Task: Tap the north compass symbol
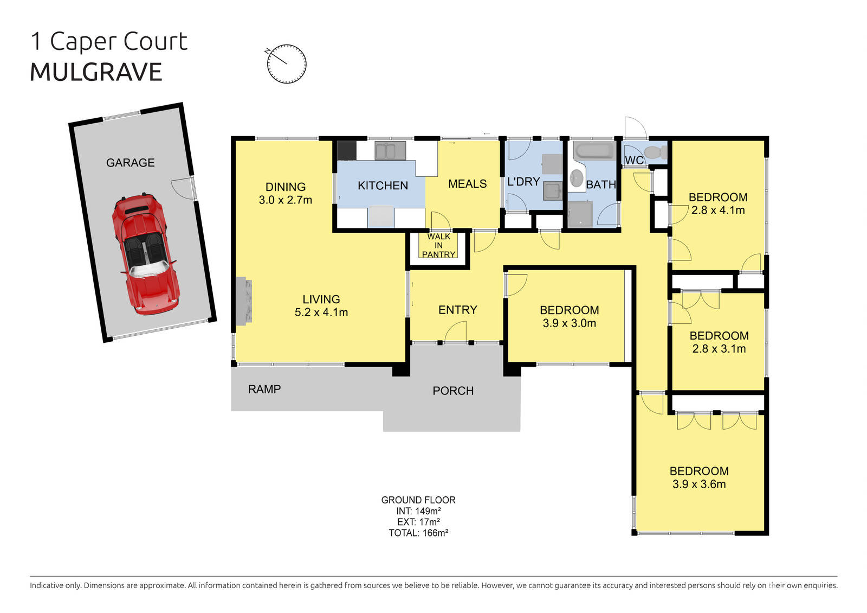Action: [x=287, y=63]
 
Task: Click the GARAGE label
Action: [x=130, y=163]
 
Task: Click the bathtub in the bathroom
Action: [x=593, y=151]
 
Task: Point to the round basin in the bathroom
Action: [x=577, y=177]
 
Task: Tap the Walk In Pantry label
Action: [x=438, y=245]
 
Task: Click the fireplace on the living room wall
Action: [x=244, y=302]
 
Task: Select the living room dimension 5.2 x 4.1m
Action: [x=321, y=312]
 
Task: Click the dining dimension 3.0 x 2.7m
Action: [x=286, y=200]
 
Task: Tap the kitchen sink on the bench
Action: [x=390, y=151]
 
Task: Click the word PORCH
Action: [x=453, y=391]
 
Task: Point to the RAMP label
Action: [x=264, y=389]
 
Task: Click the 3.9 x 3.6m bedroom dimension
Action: [x=699, y=484]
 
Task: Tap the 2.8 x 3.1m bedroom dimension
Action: [x=719, y=349]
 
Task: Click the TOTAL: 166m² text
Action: [x=418, y=533]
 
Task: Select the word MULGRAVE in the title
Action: [x=96, y=72]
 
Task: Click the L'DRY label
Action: [x=523, y=182]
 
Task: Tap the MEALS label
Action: [x=467, y=184]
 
